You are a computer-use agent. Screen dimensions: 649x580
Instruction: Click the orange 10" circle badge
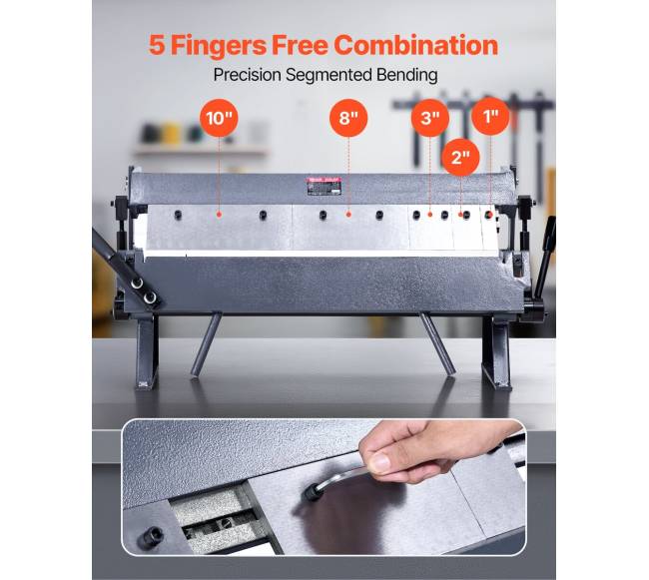pyautogui.click(x=219, y=118)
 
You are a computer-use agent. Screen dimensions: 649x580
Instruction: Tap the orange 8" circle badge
pyautogui.click(x=348, y=118)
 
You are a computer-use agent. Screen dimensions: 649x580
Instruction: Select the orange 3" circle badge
pyautogui.click(x=430, y=118)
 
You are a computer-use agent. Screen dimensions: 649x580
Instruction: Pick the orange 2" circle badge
pyautogui.click(x=460, y=157)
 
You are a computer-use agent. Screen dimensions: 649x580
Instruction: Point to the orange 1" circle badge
pyautogui.click(x=491, y=116)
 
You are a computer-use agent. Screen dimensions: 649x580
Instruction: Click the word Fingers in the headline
pyautogui.click(x=219, y=46)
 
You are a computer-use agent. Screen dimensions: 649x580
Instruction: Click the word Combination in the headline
pyautogui.click(x=416, y=45)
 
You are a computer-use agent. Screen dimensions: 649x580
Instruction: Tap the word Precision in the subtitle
pyautogui.click(x=247, y=75)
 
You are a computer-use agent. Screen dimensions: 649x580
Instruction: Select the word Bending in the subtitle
pyautogui.click(x=406, y=75)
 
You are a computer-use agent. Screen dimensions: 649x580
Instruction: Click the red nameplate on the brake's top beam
pyautogui.click(x=324, y=186)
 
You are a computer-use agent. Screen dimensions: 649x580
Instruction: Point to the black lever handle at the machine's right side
pyautogui.click(x=545, y=254)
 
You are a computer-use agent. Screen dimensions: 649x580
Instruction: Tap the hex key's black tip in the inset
pyautogui.click(x=312, y=493)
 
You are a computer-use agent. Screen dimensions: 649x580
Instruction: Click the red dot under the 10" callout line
pyautogui.click(x=219, y=215)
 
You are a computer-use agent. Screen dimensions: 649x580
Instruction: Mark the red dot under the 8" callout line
pyautogui.click(x=348, y=215)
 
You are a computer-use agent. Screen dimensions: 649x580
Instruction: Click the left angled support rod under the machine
pyautogui.click(x=206, y=344)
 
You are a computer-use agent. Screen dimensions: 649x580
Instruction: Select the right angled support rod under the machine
pyautogui.click(x=437, y=343)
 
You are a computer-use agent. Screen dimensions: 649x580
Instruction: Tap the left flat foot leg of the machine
pyautogui.click(x=147, y=351)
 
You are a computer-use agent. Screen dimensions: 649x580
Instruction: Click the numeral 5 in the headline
pyautogui.click(x=157, y=45)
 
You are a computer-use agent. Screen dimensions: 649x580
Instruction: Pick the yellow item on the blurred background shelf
pyautogui.click(x=171, y=133)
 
